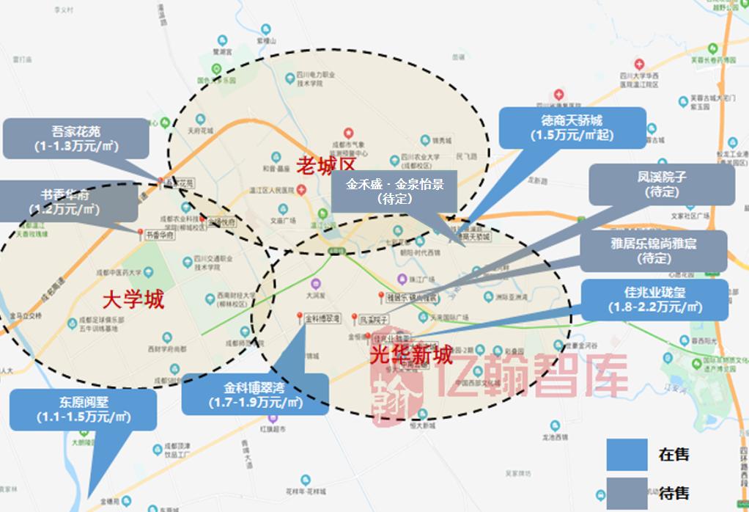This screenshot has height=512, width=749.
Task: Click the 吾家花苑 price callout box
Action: (x=76, y=138)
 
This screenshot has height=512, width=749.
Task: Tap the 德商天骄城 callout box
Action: (x=572, y=127)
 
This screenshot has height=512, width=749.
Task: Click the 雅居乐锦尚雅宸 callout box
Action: (x=654, y=251)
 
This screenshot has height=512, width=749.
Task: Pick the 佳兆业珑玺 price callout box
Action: (x=654, y=299)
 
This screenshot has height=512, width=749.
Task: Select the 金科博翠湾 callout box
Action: (x=255, y=395)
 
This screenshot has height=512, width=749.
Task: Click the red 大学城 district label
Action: (x=133, y=299)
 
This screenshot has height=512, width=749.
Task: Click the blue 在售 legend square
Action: (x=627, y=455)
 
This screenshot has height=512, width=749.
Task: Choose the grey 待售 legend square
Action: (x=627, y=492)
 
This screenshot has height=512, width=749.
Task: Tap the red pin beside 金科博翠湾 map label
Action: (x=299, y=317)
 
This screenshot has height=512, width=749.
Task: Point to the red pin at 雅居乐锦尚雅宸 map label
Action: (x=381, y=296)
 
